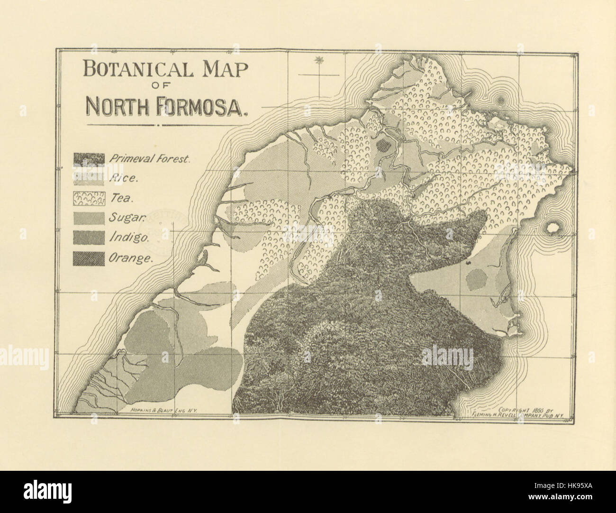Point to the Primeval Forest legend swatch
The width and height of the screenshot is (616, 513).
point(89,159)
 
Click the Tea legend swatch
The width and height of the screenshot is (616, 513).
point(89,199)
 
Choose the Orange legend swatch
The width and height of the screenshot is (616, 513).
point(89,258)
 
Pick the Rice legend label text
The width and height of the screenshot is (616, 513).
point(123,179)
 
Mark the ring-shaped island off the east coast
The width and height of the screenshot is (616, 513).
point(552,228)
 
